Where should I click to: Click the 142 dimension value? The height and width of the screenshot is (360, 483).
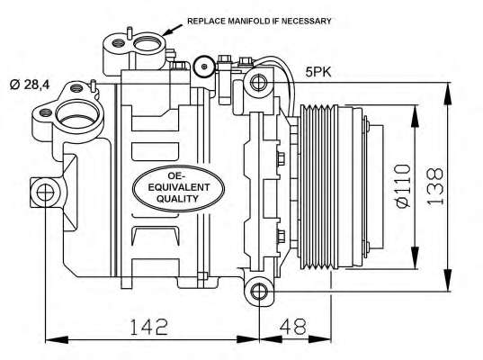[149, 327]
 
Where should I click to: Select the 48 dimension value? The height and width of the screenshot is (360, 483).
[293, 327]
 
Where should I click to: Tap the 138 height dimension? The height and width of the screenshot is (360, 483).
[435, 186]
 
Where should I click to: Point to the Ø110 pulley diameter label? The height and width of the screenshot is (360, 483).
[403, 186]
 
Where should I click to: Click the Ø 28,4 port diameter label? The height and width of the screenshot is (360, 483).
[30, 84]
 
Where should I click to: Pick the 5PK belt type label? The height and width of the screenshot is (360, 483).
[318, 72]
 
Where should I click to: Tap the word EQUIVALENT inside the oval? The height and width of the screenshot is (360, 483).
[179, 187]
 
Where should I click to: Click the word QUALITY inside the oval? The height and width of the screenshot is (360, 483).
[177, 199]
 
